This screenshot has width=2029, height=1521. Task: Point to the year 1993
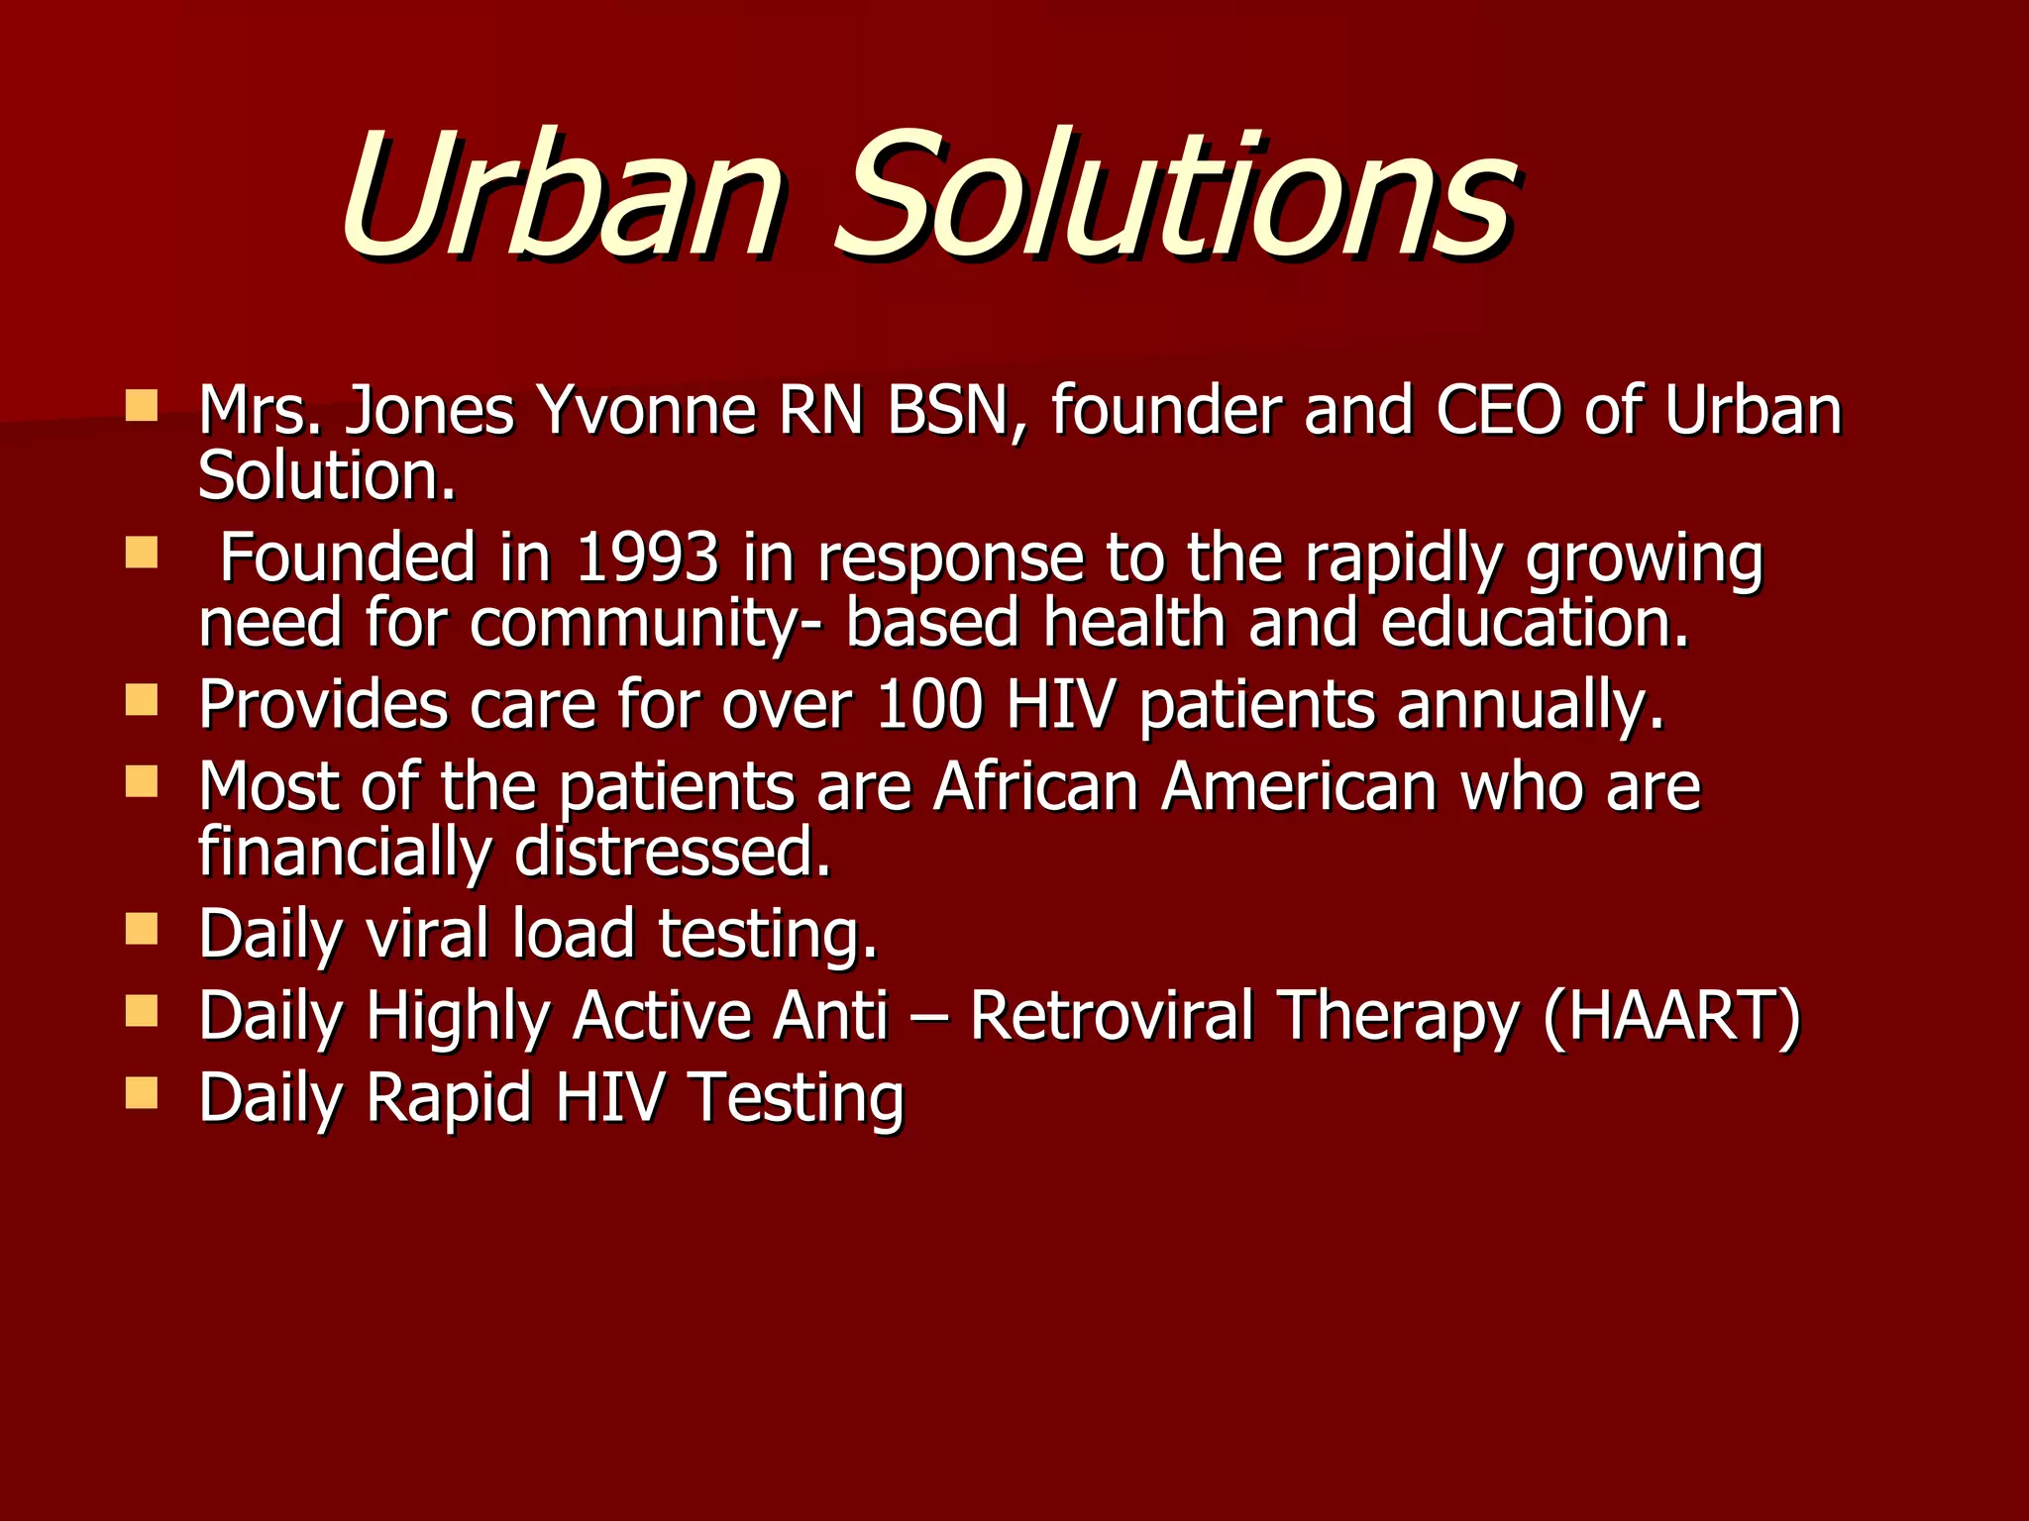point(647,558)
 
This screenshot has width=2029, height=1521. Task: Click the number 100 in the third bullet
point(929,705)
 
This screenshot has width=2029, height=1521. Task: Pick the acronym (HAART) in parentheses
point(1671,1016)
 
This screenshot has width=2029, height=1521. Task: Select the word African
point(1035,787)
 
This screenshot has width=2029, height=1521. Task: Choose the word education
point(1535,624)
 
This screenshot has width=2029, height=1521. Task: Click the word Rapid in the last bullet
point(448,1099)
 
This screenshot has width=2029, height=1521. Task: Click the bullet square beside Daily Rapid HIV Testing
point(142,1093)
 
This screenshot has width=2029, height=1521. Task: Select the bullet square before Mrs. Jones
point(142,406)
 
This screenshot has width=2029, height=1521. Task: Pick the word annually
point(1531,707)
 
